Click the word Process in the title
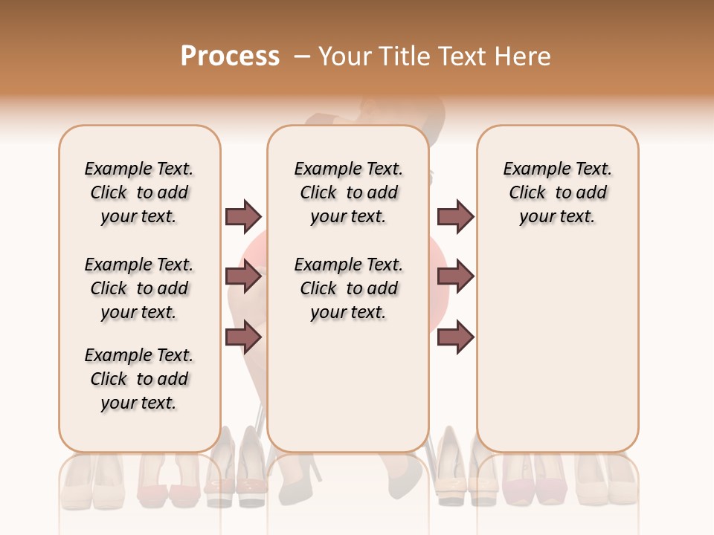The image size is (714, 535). click(x=230, y=56)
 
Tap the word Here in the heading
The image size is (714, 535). click(x=524, y=56)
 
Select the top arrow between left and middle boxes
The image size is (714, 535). click(x=243, y=216)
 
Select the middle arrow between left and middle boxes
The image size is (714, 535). click(x=243, y=277)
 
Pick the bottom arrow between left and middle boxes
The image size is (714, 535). click(x=243, y=338)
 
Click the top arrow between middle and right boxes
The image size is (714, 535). click(x=455, y=216)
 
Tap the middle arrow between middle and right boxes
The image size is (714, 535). click(x=455, y=277)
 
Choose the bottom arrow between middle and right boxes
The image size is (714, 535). click(x=455, y=338)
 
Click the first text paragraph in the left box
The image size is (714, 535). click(x=139, y=192)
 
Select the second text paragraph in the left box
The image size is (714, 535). click(x=139, y=288)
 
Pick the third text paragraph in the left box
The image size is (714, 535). click(x=139, y=379)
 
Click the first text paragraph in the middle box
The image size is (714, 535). click(x=349, y=192)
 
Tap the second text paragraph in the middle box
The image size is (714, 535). click(x=349, y=288)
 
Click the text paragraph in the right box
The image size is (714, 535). click(x=557, y=192)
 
